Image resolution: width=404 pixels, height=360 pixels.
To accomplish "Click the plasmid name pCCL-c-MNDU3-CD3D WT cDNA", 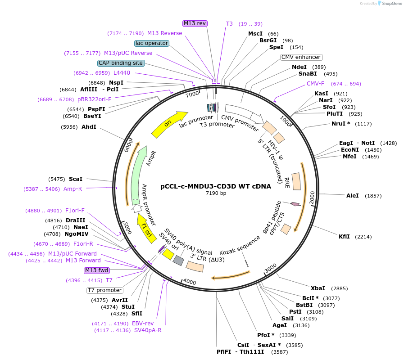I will pos(216,186).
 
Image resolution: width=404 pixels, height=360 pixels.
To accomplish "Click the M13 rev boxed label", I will pos(195,23).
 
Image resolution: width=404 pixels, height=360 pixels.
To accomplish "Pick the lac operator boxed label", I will pos(152,43).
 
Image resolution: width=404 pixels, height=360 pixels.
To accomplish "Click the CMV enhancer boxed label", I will pos(301,57).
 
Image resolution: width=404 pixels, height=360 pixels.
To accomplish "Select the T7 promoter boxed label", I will pos(104,290).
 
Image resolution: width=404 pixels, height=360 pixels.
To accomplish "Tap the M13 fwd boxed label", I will pos(96,270).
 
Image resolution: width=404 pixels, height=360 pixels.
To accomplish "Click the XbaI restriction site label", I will pos(318,288).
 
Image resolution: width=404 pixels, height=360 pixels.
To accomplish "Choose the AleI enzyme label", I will pos(352,196).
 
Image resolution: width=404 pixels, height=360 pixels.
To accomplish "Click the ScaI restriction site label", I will pos(75,179).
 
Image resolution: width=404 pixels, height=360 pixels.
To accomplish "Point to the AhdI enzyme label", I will pos(89,127).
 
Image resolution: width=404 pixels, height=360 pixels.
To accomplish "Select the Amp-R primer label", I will pos(73,189).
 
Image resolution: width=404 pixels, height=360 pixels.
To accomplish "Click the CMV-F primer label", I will pos(315,84).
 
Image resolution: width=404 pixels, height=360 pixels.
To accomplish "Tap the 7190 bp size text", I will pos(216,193).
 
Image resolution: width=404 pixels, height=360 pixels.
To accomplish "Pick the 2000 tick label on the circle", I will pos(311,196).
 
